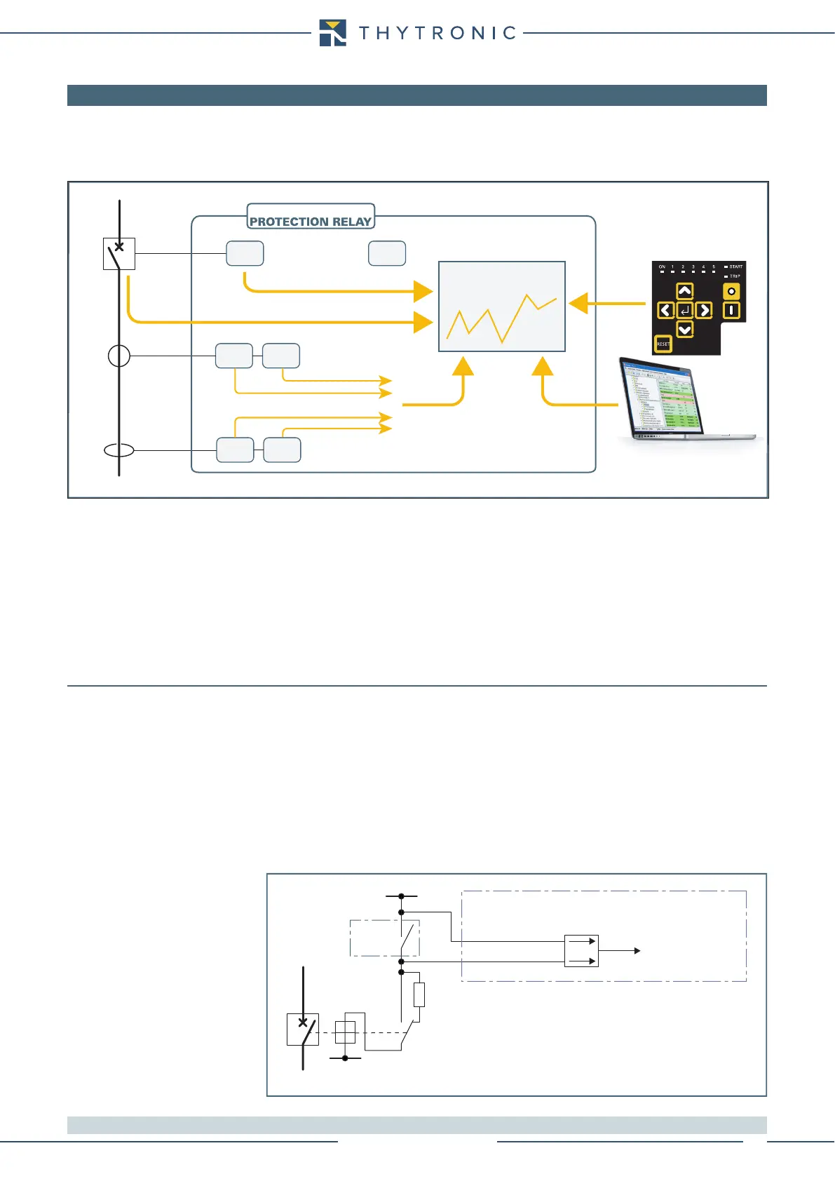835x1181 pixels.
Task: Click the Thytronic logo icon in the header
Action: tap(332, 33)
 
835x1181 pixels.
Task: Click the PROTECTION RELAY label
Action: tap(311, 221)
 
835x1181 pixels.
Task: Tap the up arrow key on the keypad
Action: tap(684, 291)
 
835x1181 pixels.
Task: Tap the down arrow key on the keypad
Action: tap(684, 329)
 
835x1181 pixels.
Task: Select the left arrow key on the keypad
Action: tap(665, 310)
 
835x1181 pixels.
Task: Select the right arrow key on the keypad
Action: tap(704, 310)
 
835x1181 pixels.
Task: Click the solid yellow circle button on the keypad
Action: tap(731, 291)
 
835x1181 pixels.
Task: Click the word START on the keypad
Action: tap(735, 266)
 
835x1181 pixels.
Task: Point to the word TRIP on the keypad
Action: tap(735, 276)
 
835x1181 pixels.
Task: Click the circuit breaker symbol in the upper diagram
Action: tap(119, 253)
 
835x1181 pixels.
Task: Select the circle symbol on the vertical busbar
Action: tap(119, 356)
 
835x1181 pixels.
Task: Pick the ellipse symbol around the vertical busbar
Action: tap(119, 450)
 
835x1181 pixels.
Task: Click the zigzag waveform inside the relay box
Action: tap(502, 318)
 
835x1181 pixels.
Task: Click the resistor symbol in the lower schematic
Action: tap(419, 994)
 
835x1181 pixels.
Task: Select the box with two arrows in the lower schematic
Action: tap(581, 951)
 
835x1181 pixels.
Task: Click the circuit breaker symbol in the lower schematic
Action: tap(303, 1030)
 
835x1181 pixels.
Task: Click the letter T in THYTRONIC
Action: tap(365, 33)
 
